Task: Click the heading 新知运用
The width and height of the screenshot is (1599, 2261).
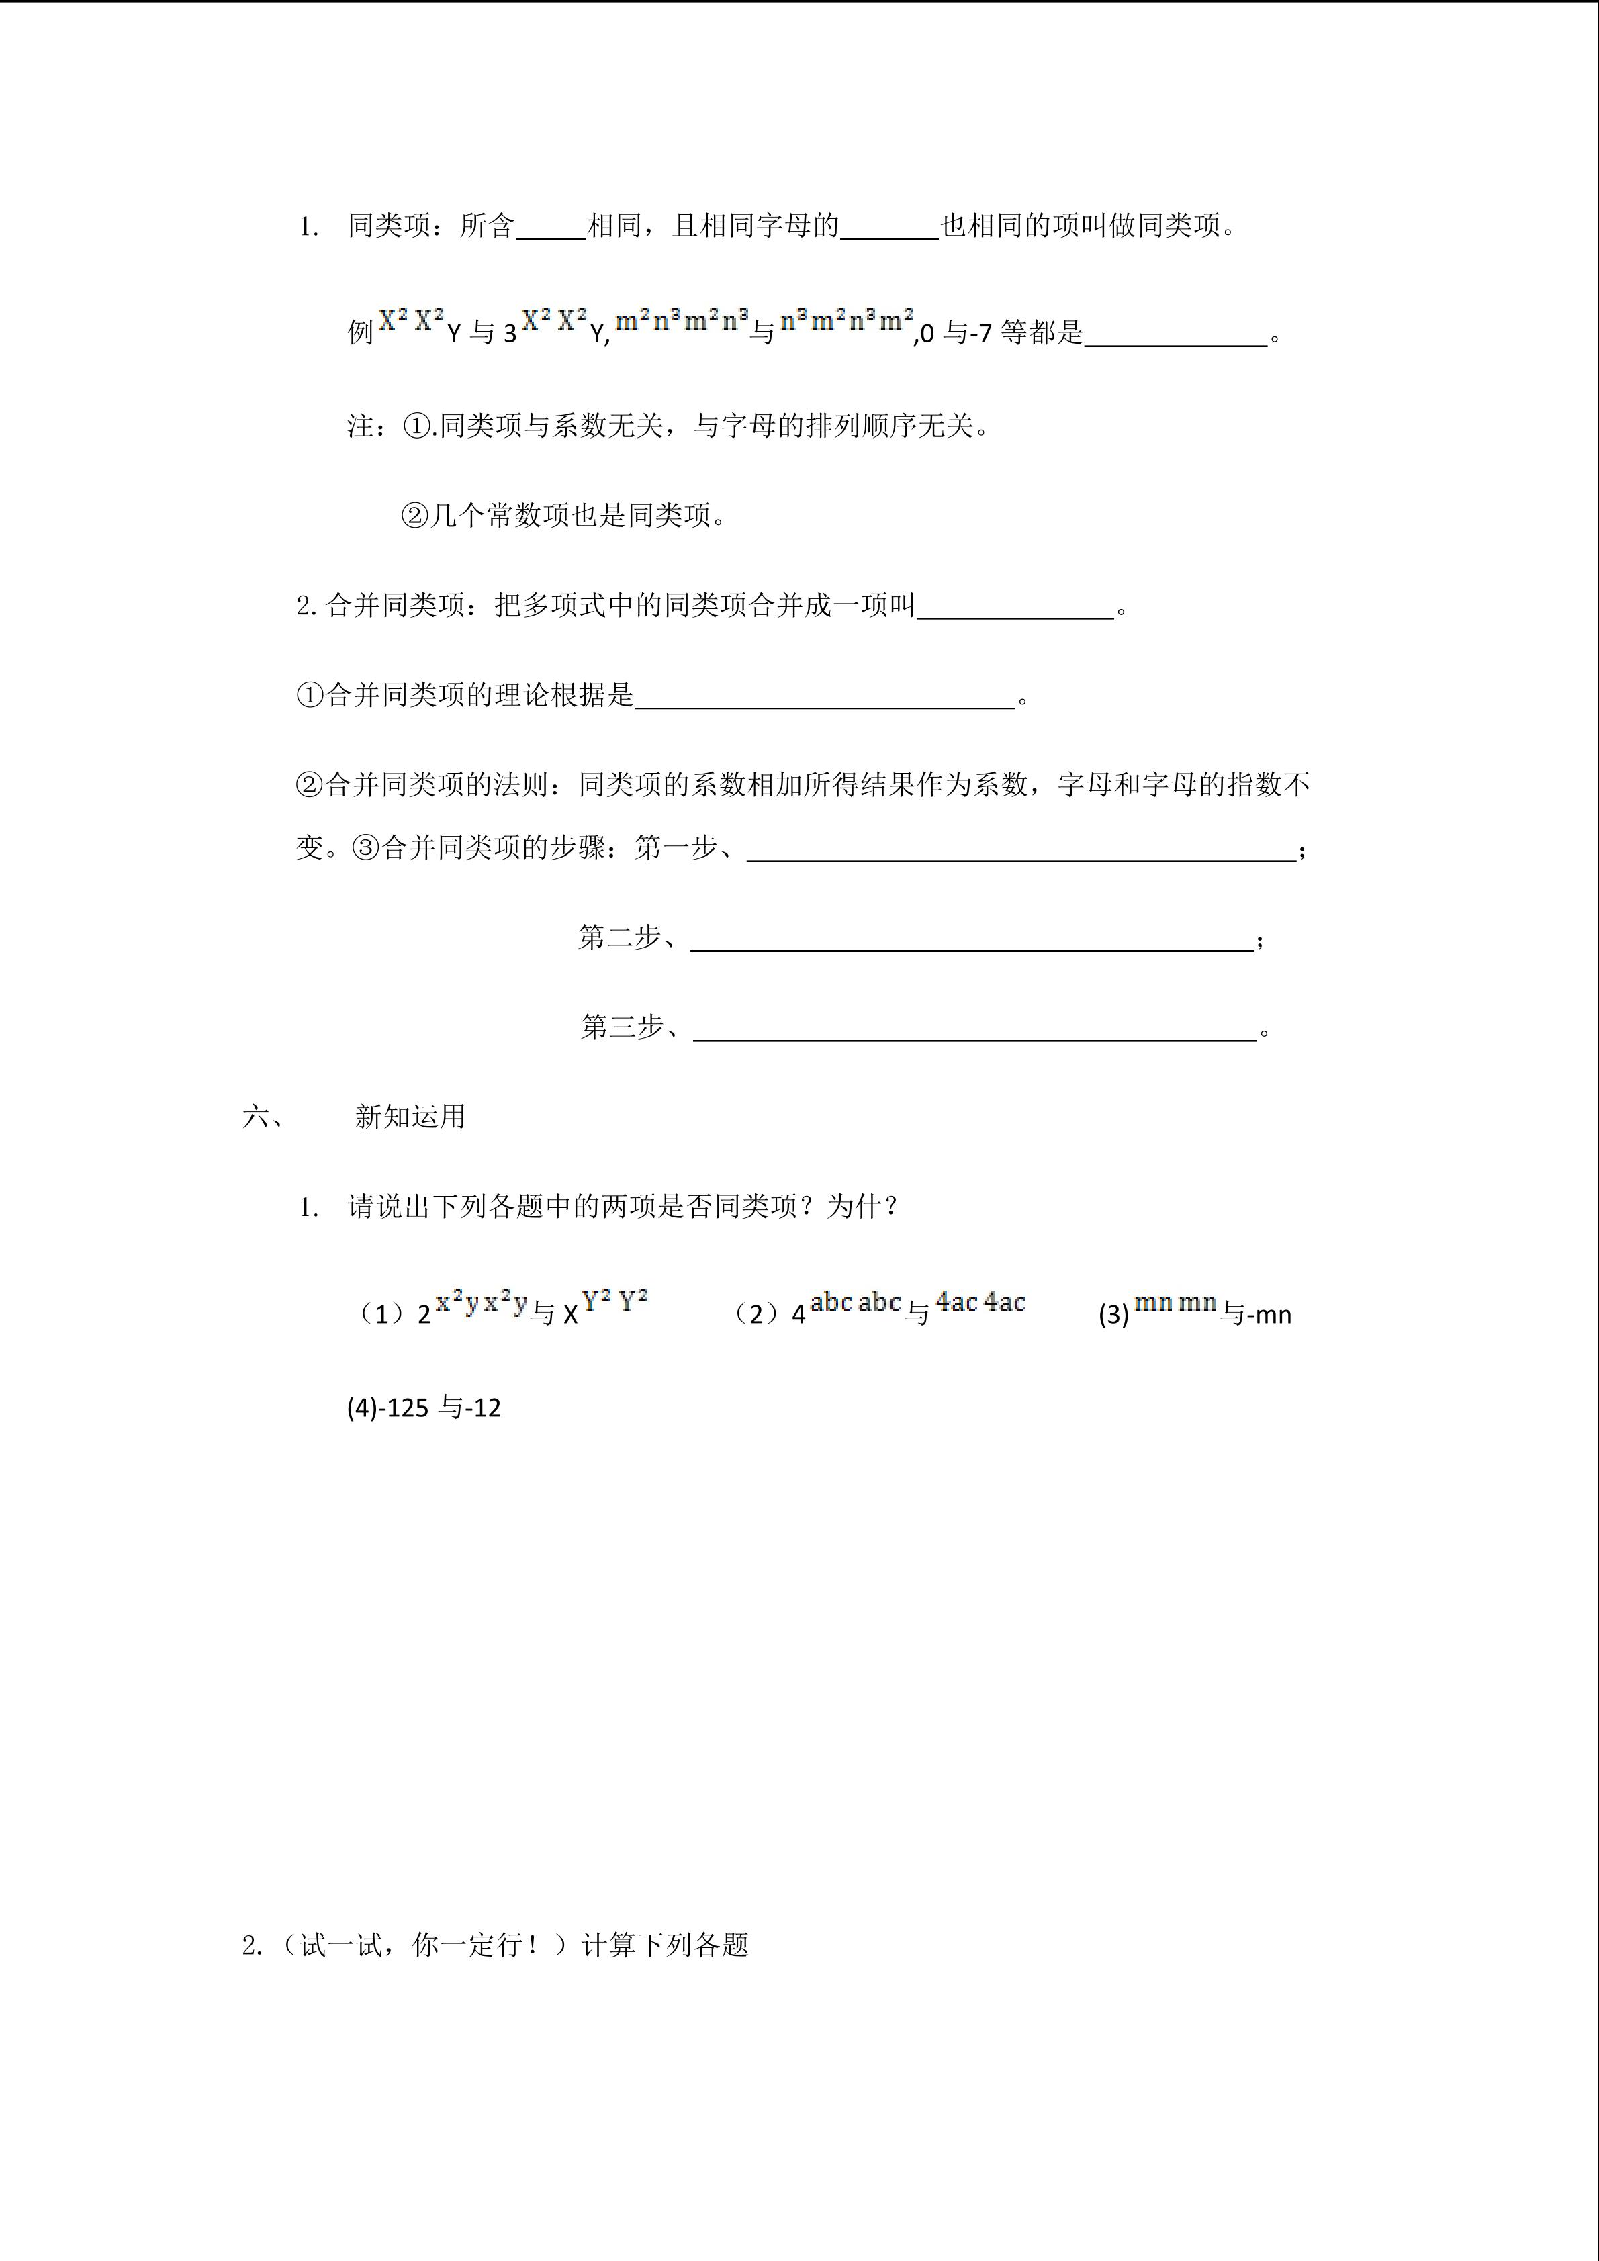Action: coord(410,1117)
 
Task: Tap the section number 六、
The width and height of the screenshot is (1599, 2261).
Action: coord(263,1117)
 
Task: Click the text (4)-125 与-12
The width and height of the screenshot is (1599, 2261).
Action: coord(423,1408)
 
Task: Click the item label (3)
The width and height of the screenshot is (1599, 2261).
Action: coord(1113,1315)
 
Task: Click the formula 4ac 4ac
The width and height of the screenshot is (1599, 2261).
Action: coord(980,1302)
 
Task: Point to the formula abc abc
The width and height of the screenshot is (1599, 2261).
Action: coord(856,1302)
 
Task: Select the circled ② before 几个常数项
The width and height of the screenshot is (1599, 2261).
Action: coord(414,515)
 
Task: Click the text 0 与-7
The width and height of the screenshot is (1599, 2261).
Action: coord(956,334)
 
